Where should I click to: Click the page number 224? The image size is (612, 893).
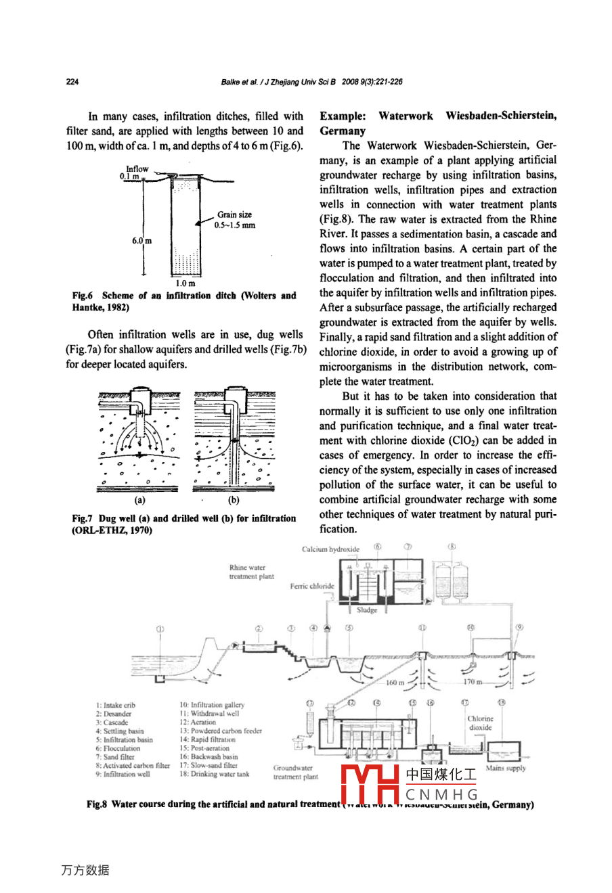[x=72, y=82]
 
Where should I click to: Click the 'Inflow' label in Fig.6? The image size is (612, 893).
[x=137, y=169]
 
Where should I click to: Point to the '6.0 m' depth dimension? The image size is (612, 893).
[x=141, y=240]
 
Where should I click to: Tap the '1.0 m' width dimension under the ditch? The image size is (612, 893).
[x=185, y=283]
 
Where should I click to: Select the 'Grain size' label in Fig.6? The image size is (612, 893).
[x=234, y=215]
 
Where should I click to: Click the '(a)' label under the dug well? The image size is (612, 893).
[x=139, y=501]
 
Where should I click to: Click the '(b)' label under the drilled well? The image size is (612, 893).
[x=234, y=501]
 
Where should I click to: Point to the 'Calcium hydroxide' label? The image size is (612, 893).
[x=330, y=549]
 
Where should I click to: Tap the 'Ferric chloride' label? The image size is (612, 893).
[x=312, y=587]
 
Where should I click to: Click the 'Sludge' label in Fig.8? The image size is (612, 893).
[x=366, y=610]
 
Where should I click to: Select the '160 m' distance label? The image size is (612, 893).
[x=395, y=683]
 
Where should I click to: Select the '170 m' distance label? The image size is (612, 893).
[x=473, y=682]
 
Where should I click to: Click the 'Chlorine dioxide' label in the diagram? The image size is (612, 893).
[x=481, y=723]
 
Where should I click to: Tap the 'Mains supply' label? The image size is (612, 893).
[x=506, y=768]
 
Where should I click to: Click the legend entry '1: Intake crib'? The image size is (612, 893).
[x=115, y=705]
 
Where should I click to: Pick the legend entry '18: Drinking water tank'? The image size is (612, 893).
[x=214, y=774]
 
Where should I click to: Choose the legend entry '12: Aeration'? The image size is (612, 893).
[x=198, y=723]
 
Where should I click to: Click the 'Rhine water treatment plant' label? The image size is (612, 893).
[x=251, y=572]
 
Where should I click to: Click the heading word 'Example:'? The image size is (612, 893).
[x=343, y=116]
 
